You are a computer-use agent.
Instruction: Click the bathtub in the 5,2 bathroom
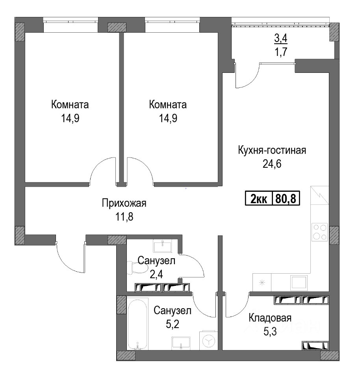pyautogui.click(x=137, y=324)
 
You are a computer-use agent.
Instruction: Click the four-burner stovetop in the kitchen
pyautogui.click(x=319, y=232)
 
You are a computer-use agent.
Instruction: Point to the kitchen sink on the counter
pyautogui.click(x=299, y=282)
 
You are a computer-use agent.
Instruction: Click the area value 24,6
pyautogui.click(x=272, y=164)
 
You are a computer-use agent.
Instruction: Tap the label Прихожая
pyautogui.click(x=124, y=203)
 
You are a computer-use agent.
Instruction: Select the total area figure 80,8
pyautogui.click(x=286, y=199)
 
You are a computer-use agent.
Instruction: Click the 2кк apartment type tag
pyautogui.click(x=258, y=199)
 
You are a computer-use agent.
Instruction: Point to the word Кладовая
pyautogui.click(x=270, y=318)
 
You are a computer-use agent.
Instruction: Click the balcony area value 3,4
pyautogui.click(x=281, y=38)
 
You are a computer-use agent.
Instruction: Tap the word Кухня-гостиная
pyautogui.click(x=272, y=150)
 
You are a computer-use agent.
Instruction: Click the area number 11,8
pyautogui.click(x=124, y=217)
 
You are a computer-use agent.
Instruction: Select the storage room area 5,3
pyautogui.click(x=270, y=332)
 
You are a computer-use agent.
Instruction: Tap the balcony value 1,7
pyautogui.click(x=281, y=52)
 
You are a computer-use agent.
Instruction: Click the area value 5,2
pyautogui.click(x=173, y=324)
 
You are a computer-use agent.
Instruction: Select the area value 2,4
pyautogui.click(x=156, y=274)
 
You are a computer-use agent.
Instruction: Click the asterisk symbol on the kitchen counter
pyautogui.click(x=262, y=283)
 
